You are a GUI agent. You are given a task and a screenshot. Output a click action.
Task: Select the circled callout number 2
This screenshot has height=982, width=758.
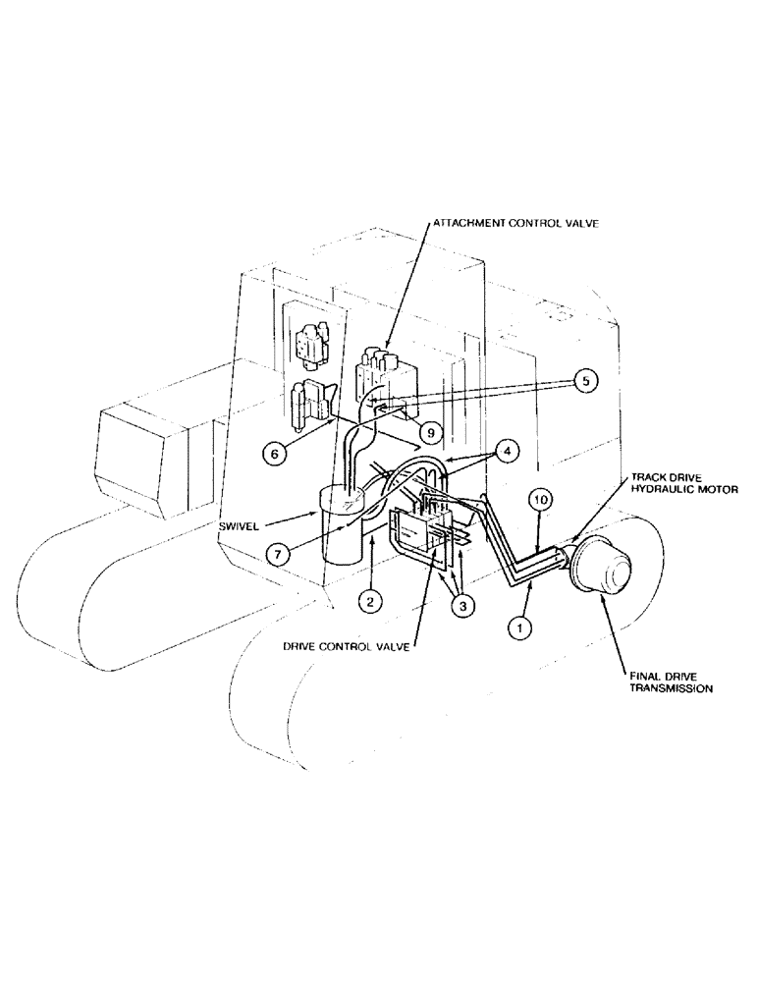point(369,602)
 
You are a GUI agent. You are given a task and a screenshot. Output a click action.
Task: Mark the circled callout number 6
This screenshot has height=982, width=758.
point(275,453)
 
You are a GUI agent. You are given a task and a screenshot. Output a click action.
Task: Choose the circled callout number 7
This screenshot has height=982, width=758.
point(281,554)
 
